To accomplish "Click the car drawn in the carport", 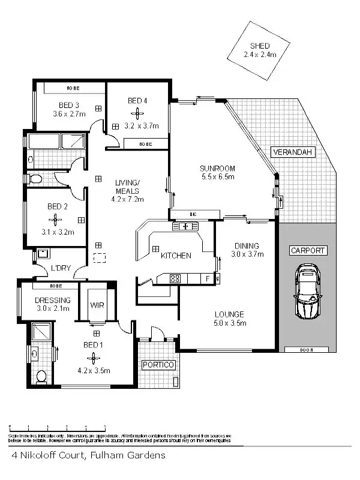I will coord(307,293).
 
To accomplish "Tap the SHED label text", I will coord(260,46).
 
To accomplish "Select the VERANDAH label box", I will coord(293,152).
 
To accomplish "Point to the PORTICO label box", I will coord(158,365).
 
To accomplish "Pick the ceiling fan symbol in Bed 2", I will coord(56,219).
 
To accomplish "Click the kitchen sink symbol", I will coord(182,226).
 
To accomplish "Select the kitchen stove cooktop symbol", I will coord(175,278).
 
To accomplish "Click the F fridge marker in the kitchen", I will coord(208,278).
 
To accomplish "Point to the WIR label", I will coord(97,305).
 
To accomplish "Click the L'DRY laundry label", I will coord(59,268).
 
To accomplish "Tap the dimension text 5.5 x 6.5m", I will coord(217,177).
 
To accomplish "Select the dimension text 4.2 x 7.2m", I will coord(127,199).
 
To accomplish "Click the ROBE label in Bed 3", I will coord(73,89).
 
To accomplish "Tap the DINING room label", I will coord(247,245).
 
